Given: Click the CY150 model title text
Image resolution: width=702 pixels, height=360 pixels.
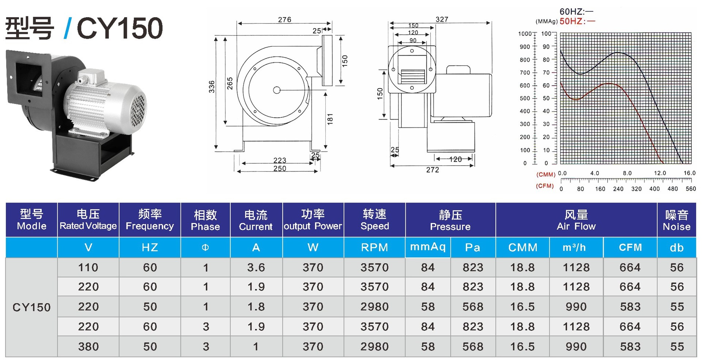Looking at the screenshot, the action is coord(120,28).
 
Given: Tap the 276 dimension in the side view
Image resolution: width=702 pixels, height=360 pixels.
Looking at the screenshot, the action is coord(284,20).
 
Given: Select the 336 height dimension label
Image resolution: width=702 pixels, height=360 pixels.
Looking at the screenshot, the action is coord(212,87).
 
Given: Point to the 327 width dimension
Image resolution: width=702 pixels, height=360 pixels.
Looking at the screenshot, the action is coord(442,19).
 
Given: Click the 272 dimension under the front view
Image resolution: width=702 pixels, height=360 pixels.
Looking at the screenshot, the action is coord(433,170).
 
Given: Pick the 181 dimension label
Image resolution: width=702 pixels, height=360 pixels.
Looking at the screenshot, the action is coord(330,119).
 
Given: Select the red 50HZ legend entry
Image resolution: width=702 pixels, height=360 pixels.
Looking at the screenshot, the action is coord(577,21).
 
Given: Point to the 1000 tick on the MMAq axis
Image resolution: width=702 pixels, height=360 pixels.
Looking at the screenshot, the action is coord(525,34).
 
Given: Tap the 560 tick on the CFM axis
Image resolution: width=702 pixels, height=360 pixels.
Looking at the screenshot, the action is coord(691,189).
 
